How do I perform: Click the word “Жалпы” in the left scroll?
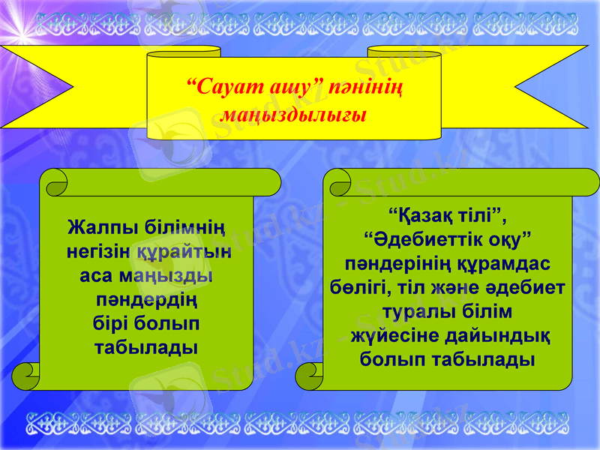point(100,226)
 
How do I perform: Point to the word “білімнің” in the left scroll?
point(181,226)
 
